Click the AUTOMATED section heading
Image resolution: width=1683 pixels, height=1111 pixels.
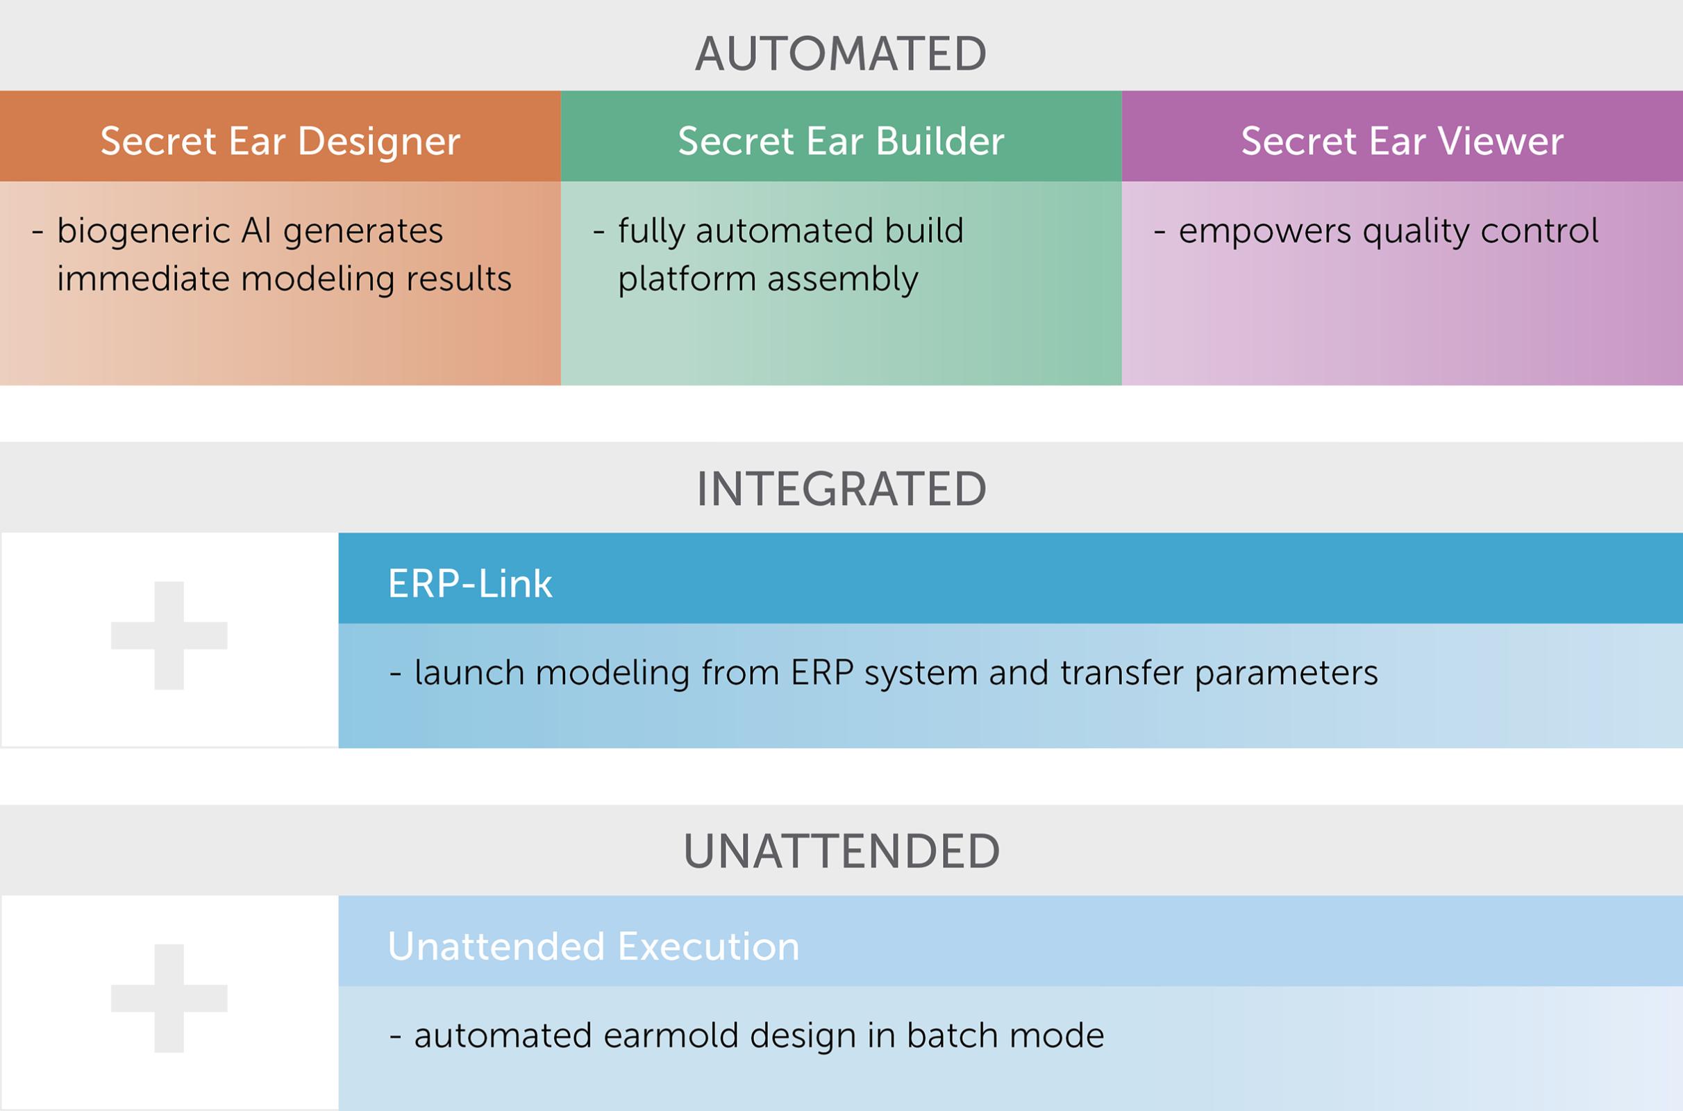tap(841, 54)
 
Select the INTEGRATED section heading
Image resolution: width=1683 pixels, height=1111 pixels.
tap(841, 489)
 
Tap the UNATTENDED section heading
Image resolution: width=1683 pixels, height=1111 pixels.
tap(841, 851)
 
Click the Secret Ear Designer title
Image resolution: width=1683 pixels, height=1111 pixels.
tap(280, 141)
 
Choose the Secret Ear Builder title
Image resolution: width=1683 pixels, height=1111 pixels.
tap(841, 141)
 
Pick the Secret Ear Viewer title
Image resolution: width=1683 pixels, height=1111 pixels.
tap(1402, 141)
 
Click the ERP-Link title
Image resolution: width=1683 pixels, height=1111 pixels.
tap(469, 584)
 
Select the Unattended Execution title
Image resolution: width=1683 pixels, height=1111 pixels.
tap(593, 946)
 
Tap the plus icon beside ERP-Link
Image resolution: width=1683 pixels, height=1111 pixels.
tap(169, 635)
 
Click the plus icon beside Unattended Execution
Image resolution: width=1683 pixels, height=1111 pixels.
tap(169, 999)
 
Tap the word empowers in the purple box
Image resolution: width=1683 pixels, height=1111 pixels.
tap(1264, 232)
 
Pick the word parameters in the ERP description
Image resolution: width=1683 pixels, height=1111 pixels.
tap(1287, 673)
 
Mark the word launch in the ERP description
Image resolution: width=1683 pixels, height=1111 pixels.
tap(468, 673)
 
